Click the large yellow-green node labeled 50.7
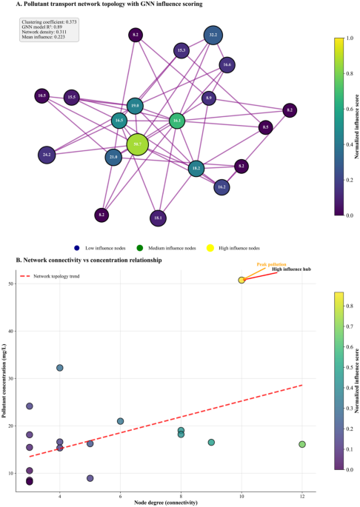click(138, 144)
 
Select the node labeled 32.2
click(213, 35)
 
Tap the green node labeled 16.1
click(176, 121)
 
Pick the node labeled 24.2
click(47, 155)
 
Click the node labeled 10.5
click(42, 95)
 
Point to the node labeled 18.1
click(157, 218)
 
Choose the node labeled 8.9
click(210, 98)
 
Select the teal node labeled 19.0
click(134, 106)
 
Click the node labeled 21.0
click(113, 157)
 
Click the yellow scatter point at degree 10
click(241, 280)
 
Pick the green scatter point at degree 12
click(302, 444)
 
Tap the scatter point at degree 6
click(120, 421)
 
